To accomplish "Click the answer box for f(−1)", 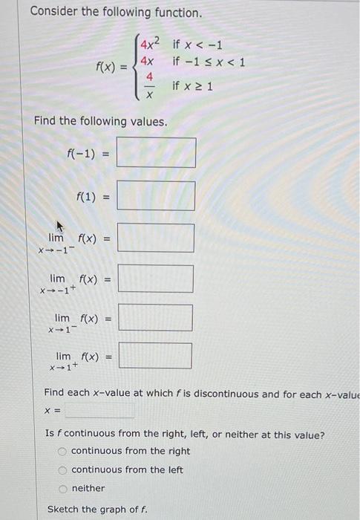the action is pyautogui.click(x=156, y=153).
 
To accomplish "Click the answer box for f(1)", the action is pyautogui.click(x=156, y=197).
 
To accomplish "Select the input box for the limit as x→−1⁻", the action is pyautogui.click(x=156, y=238).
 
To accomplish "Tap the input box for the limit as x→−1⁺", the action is pyautogui.click(x=156, y=279).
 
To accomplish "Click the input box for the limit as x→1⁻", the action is pyautogui.click(x=156, y=318).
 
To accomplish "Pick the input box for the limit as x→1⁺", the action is pyautogui.click(x=156, y=356).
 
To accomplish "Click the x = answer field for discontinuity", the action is pyautogui.click(x=99, y=410).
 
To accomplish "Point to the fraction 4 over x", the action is pyautogui.click(x=148, y=87).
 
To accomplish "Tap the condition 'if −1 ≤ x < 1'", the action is pyautogui.click(x=208, y=61).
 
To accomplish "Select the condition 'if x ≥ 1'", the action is pyautogui.click(x=192, y=87).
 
